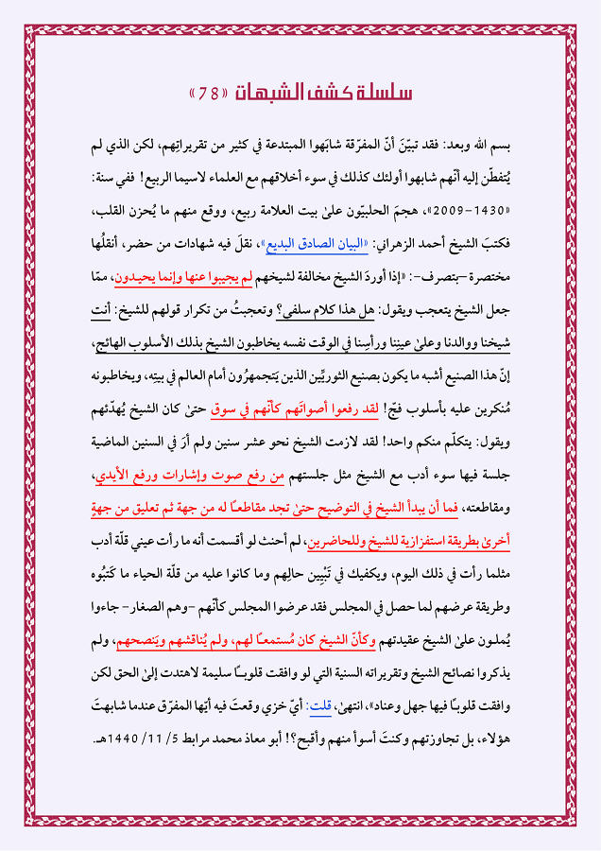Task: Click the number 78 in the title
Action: (209, 94)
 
